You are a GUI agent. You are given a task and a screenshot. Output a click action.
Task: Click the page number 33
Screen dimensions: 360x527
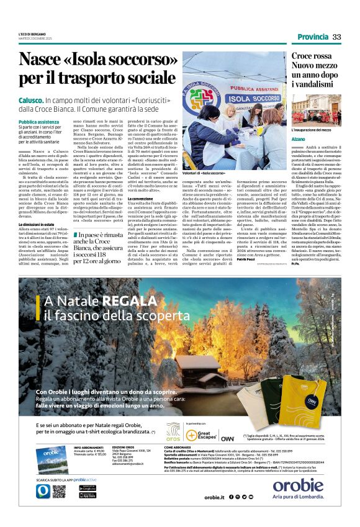tap(337, 37)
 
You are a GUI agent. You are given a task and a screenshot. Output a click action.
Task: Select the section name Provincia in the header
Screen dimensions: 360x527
tap(312, 37)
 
